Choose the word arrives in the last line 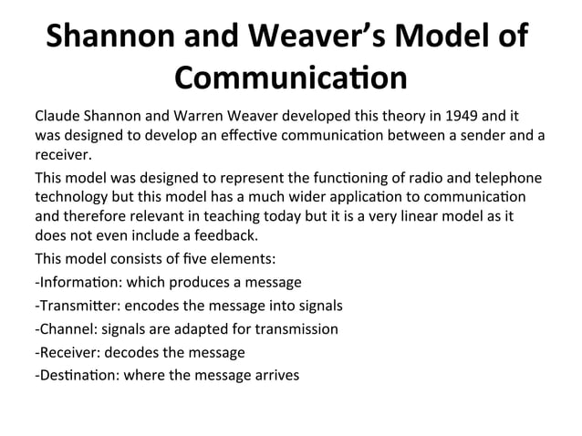(275, 375)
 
